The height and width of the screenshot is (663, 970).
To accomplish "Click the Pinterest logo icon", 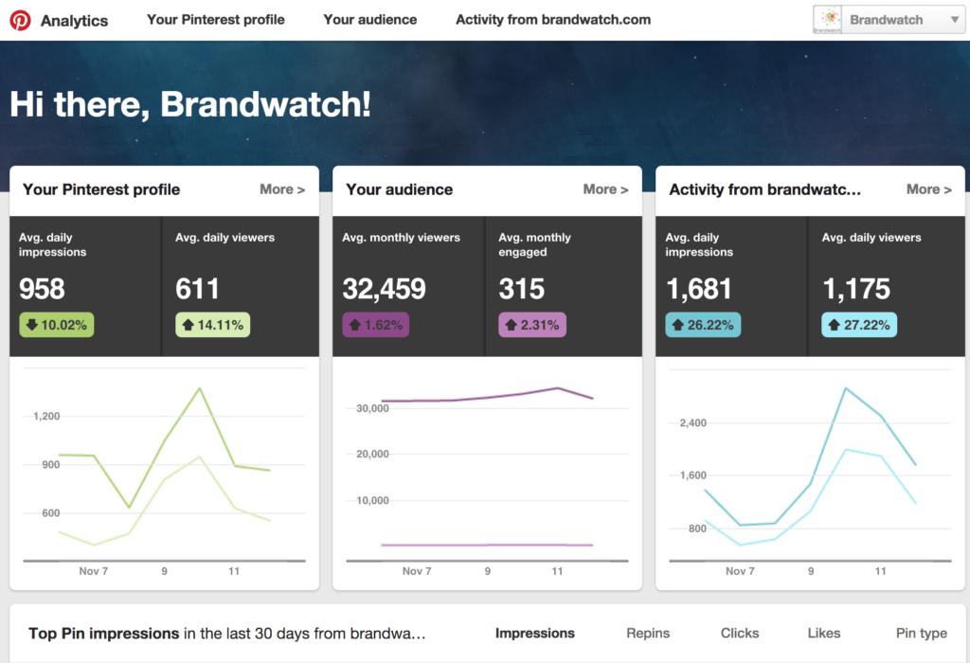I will point(20,20).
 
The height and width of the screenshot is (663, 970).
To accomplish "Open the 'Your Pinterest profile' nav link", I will point(215,20).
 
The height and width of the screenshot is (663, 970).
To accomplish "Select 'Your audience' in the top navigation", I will point(369,20).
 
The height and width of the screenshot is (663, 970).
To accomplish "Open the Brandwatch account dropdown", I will point(889,20).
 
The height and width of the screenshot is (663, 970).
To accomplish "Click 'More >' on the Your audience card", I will point(605,189).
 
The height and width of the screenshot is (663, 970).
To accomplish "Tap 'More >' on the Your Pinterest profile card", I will point(282,189).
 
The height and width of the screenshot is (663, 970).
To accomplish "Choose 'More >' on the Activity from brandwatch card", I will point(928,189).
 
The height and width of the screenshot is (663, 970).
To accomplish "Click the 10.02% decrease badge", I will point(56,325).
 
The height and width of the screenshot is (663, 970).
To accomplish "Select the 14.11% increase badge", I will point(213,325).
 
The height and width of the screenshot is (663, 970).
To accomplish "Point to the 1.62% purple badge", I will point(375,325).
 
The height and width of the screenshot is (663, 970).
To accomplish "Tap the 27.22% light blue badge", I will point(858,325).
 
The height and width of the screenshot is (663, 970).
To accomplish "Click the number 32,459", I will point(384,289).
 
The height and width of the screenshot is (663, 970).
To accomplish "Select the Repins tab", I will point(648,633).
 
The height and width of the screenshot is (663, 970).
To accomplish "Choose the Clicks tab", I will point(739,633).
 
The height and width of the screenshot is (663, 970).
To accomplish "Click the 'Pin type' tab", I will point(921,633).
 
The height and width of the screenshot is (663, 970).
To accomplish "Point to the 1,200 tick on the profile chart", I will point(46,416).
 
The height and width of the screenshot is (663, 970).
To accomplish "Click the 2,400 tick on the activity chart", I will point(692,422).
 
